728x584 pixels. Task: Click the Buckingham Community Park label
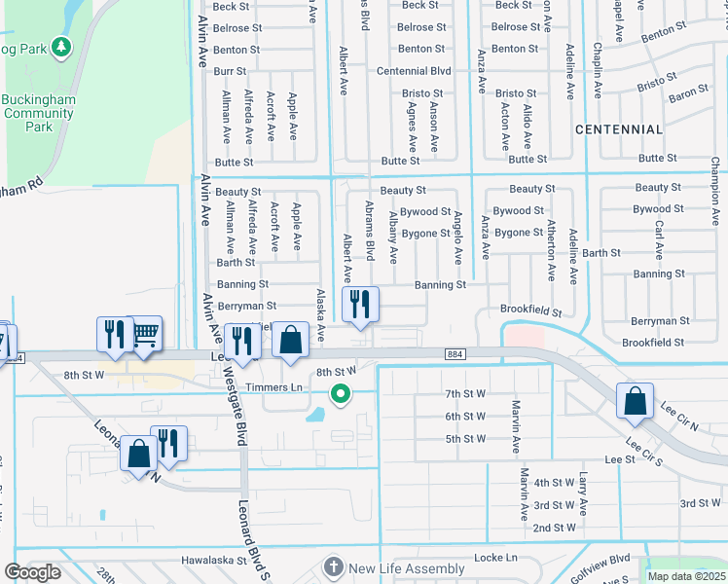pos(38,113)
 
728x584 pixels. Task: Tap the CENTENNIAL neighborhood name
pos(619,129)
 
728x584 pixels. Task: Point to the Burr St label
pos(230,71)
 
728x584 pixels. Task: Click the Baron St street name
pos(687,94)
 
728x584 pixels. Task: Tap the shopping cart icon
pos(144,336)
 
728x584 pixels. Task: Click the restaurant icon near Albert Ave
pos(359,305)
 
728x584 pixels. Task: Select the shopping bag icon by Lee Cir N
pos(635,402)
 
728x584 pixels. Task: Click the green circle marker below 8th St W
pos(340,394)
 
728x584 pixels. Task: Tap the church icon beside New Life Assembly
pos(334,567)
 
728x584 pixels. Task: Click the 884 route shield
pos(456,354)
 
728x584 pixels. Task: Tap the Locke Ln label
pos(495,558)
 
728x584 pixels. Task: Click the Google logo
pos(32,572)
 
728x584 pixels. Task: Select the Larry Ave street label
pos(583,494)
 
